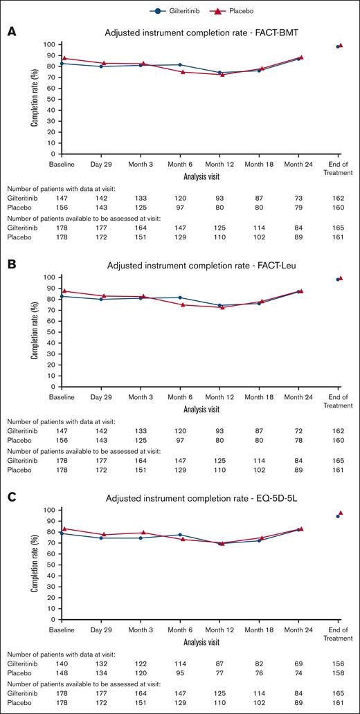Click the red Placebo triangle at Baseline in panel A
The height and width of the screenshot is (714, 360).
[64, 59]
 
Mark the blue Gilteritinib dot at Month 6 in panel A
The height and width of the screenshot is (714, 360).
[181, 65]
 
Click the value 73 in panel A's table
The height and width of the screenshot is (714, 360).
[300, 197]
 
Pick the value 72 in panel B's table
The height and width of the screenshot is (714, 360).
[300, 430]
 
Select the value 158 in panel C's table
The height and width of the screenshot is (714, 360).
[339, 672]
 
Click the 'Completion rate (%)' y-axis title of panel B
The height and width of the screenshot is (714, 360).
[34, 332]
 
